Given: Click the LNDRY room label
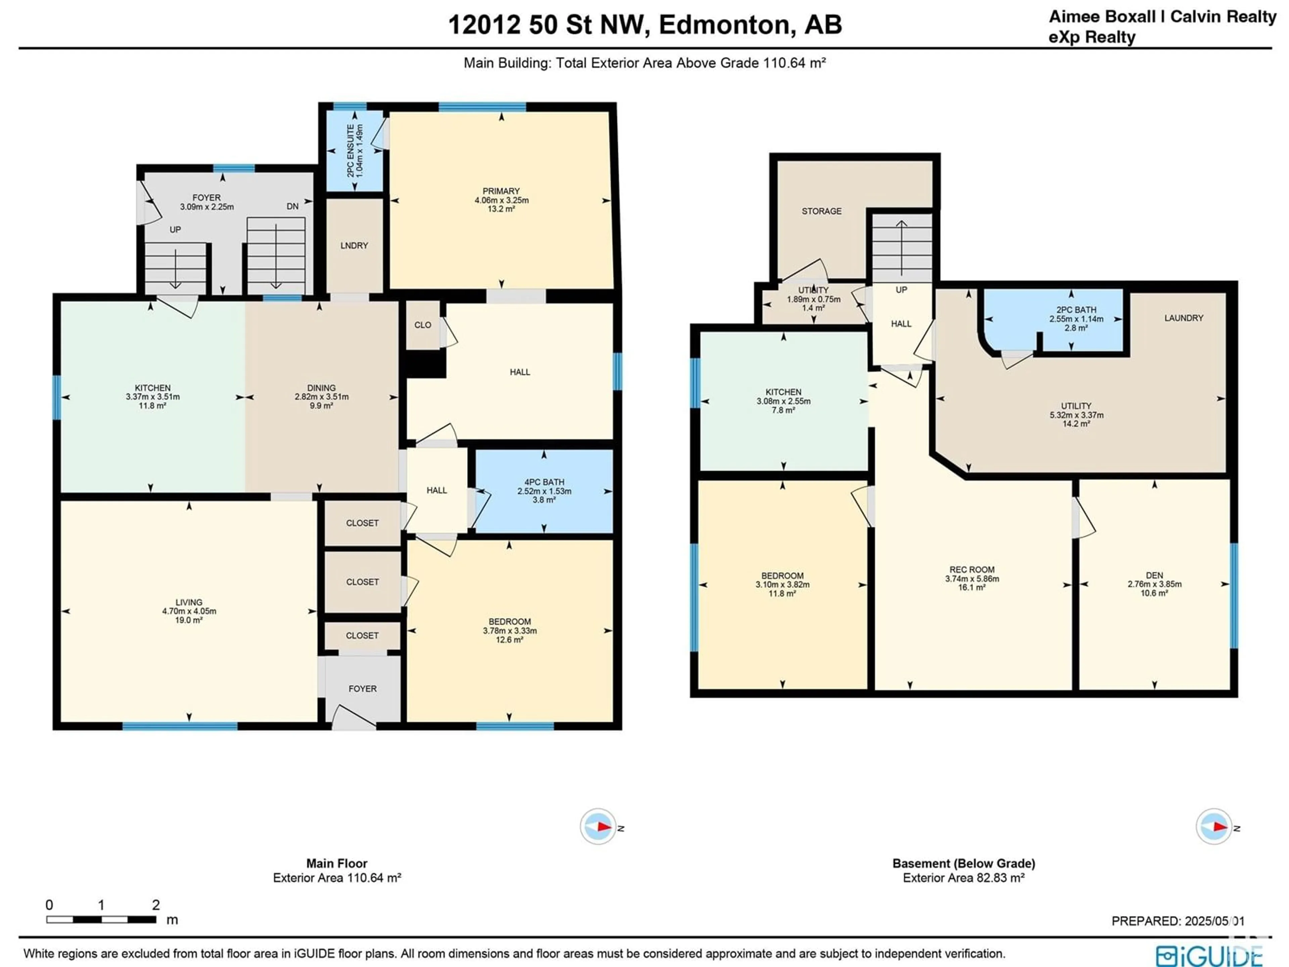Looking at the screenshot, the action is pyautogui.click(x=354, y=245).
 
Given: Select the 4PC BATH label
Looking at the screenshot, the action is pyautogui.click(x=544, y=482).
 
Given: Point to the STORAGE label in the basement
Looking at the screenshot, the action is pyautogui.click(x=822, y=211).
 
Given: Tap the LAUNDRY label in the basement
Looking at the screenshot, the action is pyautogui.click(x=1184, y=318).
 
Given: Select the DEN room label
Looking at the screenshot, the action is pyautogui.click(x=1154, y=575).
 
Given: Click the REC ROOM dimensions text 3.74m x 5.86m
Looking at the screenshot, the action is pyautogui.click(x=972, y=579).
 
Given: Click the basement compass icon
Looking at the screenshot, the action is pyautogui.click(x=1214, y=827).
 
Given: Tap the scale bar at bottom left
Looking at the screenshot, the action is pyautogui.click(x=101, y=920).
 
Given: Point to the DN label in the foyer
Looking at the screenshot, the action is pyautogui.click(x=292, y=206).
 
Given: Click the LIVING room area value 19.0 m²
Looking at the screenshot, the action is pyautogui.click(x=189, y=620).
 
